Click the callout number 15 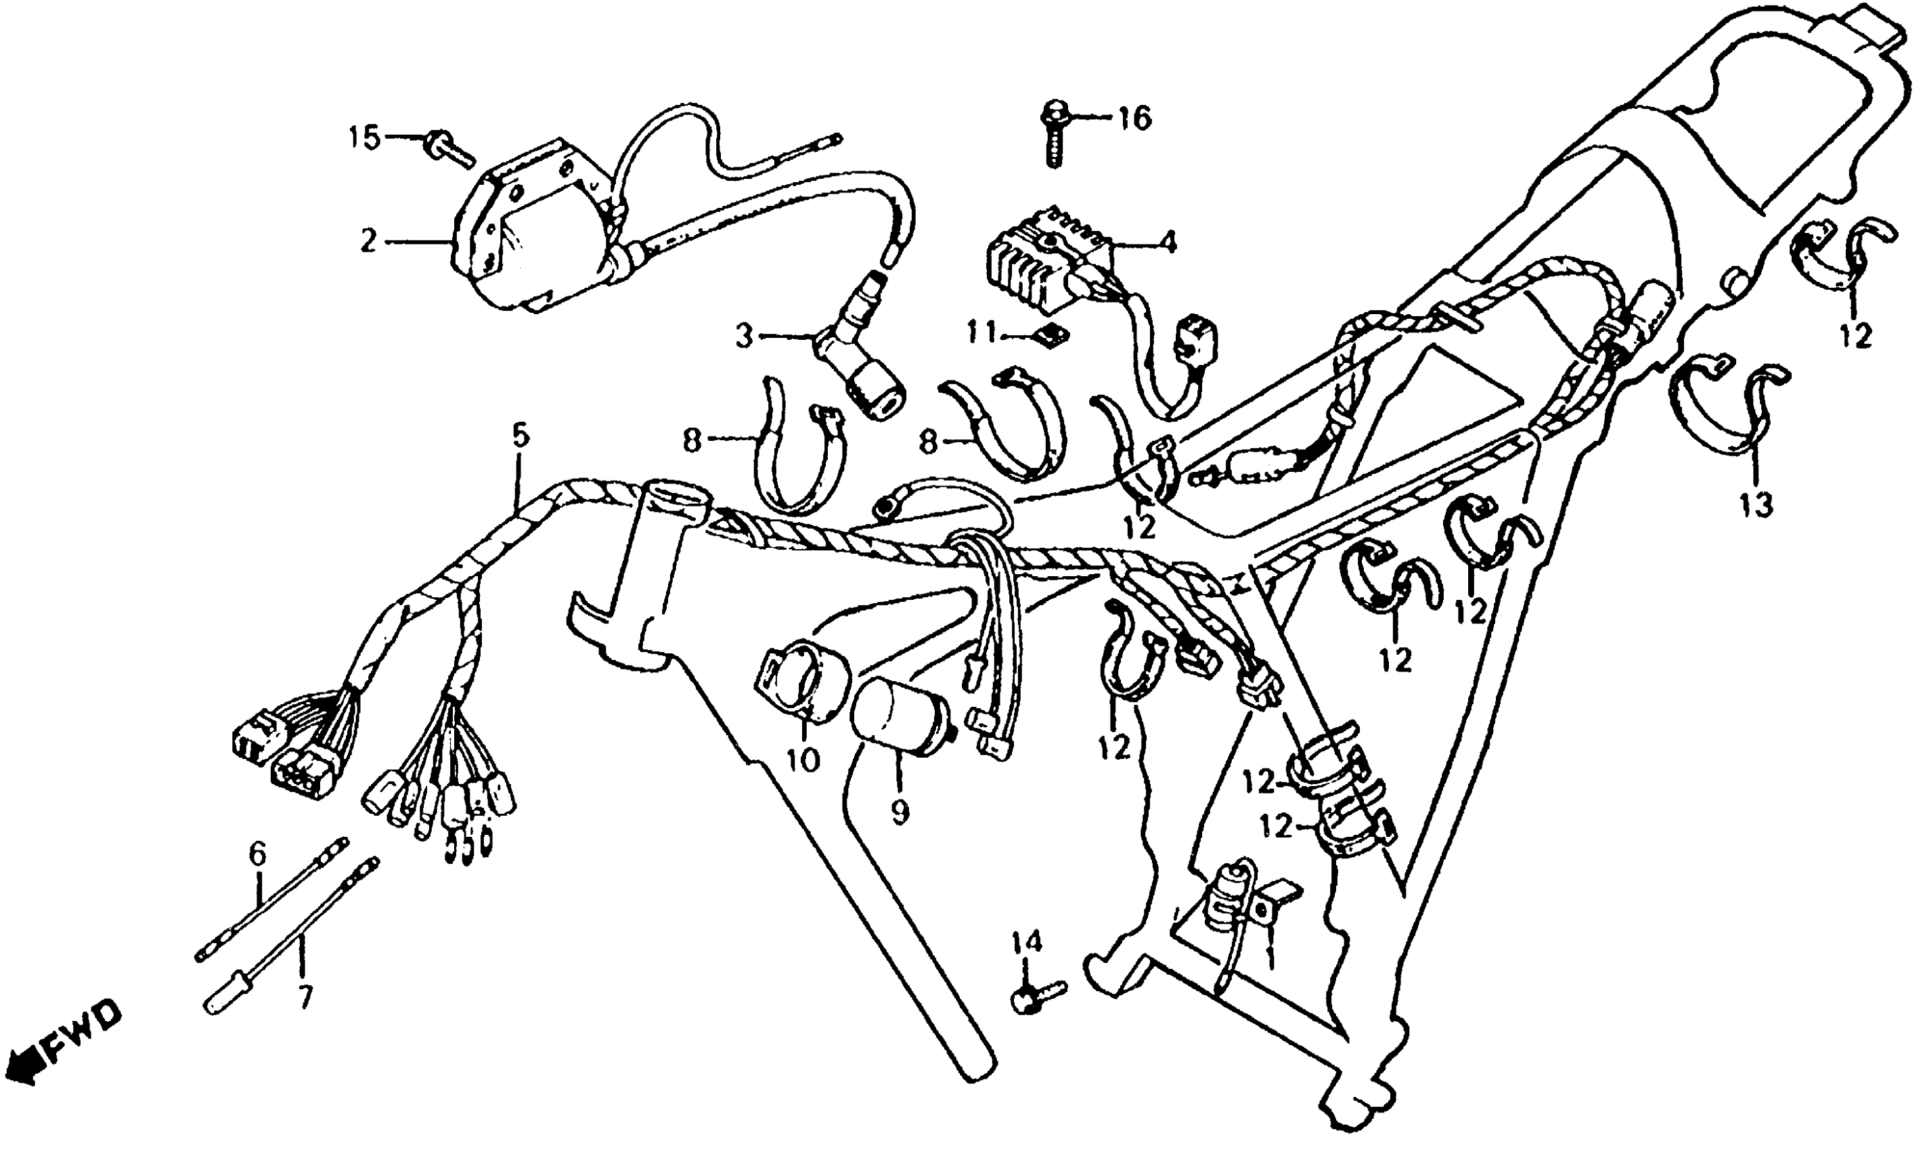click(364, 139)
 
